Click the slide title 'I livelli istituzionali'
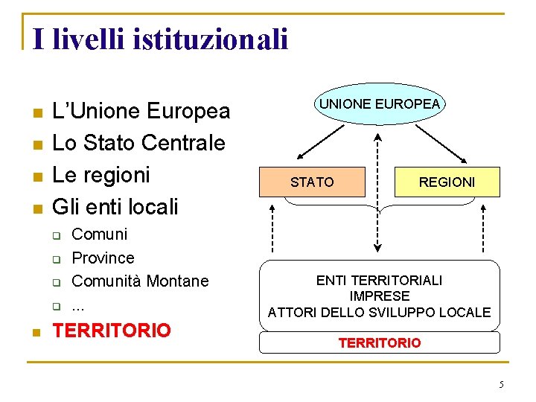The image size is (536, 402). pyautogui.click(x=160, y=39)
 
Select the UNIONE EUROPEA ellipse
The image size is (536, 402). pyautogui.click(x=380, y=103)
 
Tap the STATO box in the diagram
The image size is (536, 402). pyautogui.click(x=312, y=182)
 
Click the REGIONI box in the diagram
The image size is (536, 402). pyautogui.click(x=447, y=182)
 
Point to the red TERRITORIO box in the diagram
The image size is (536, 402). pyautogui.click(x=380, y=342)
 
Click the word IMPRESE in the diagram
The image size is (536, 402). pyautogui.click(x=380, y=296)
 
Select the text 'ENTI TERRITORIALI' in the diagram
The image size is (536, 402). pyautogui.click(x=380, y=281)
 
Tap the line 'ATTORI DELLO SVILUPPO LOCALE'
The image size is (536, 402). pyautogui.click(x=380, y=312)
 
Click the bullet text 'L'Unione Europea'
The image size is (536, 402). pyautogui.click(x=141, y=112)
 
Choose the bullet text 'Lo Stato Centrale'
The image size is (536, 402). pyautogui.click(x=139, y=142)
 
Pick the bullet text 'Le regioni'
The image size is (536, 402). pyautogui.click(x=102, y=174)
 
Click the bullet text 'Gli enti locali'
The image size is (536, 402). pyautogui.click(x=115, y=205)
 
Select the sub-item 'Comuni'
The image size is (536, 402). pyautogui.click(x=100, y=234)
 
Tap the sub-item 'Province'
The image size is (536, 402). pyautogui.click(x=103, y=258)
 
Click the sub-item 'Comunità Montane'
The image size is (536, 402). pyautogui.click(x=141, y=281)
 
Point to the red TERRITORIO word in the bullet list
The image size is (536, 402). pyautogui.click(x=112, y=331)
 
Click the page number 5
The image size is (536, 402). pyautogui.click(x=501, y=384)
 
